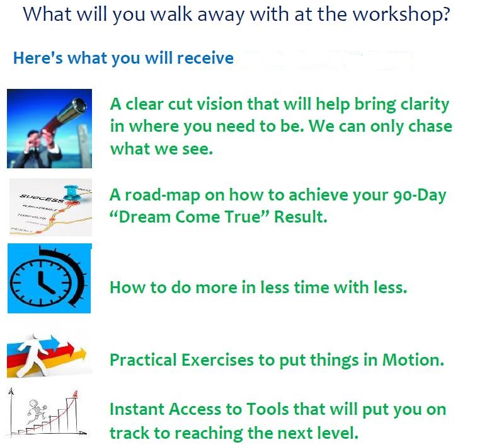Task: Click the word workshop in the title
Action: click(401, 15)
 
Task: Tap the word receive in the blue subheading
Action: click(205, 58)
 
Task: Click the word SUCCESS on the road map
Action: click(42, 198)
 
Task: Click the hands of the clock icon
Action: click(45, 282)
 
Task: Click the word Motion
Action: click(413, 360)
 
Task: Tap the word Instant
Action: click(137, 409)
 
